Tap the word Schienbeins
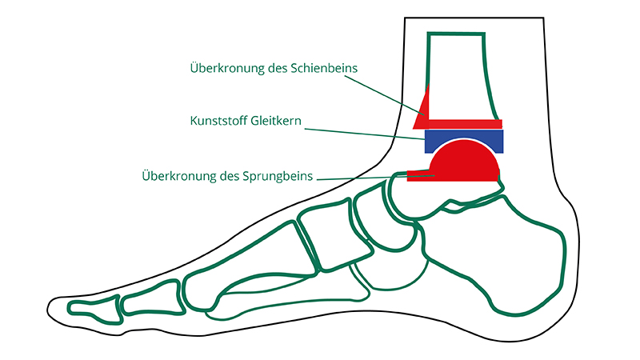click(324, 68)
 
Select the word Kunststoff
click(218, 121)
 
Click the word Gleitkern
click(276, 121)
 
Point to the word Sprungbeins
click(278, 176)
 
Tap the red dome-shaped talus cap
click(464, 162)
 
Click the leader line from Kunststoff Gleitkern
click(365, 134)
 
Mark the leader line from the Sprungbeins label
click(375, 178)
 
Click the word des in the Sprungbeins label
click(229, 176)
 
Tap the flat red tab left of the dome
click(419, 175)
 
